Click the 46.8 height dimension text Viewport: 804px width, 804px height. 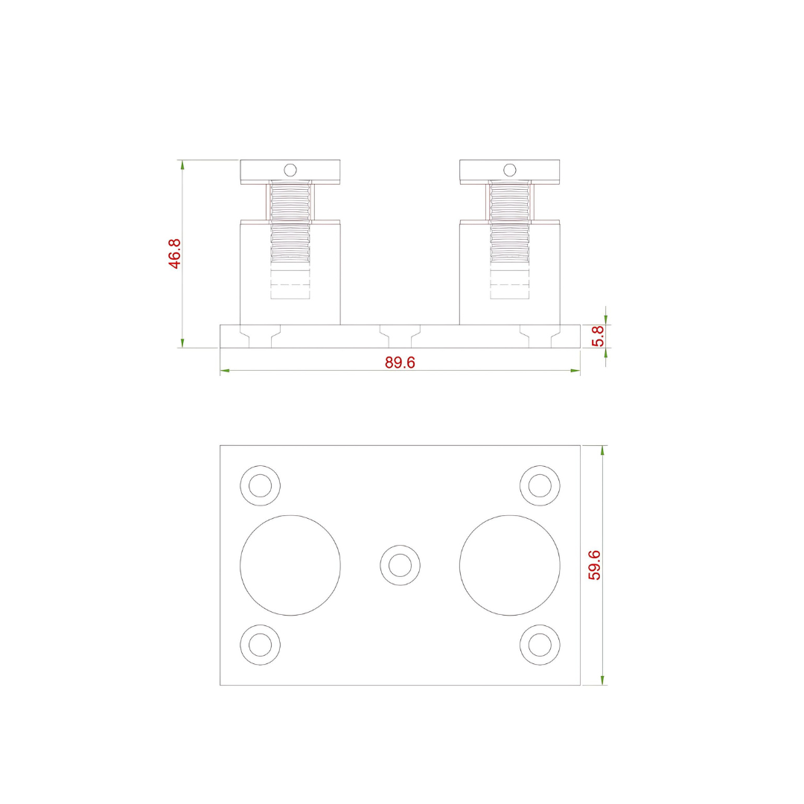tap(173, 254)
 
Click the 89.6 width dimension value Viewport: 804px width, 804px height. tap(400, 363)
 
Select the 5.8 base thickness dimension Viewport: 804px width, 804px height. tap(597, 336)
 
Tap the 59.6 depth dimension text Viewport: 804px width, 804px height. tap(594, 565)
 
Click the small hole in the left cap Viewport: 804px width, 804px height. tap(290, 170)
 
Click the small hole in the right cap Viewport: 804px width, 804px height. tap(509, 170)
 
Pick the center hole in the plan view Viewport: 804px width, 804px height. tap(400, 565)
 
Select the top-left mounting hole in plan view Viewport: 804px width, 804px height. tap(260, 485)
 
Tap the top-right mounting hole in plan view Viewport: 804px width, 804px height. tap(540, 485)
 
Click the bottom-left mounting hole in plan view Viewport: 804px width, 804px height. tap(260, 644)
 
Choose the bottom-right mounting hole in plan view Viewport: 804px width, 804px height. tap(540, 644)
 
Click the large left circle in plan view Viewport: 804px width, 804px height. tap(290, 565)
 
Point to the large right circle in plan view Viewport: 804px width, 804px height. tap(509, 565)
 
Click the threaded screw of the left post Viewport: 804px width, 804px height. tap(290, 223)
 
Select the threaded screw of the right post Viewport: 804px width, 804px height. tap(509, 223)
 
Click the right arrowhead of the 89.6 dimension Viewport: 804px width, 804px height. tap(575, 370)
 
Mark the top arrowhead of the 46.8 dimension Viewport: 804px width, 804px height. tap(182, 165)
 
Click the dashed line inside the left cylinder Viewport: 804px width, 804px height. tap(290, 284)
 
